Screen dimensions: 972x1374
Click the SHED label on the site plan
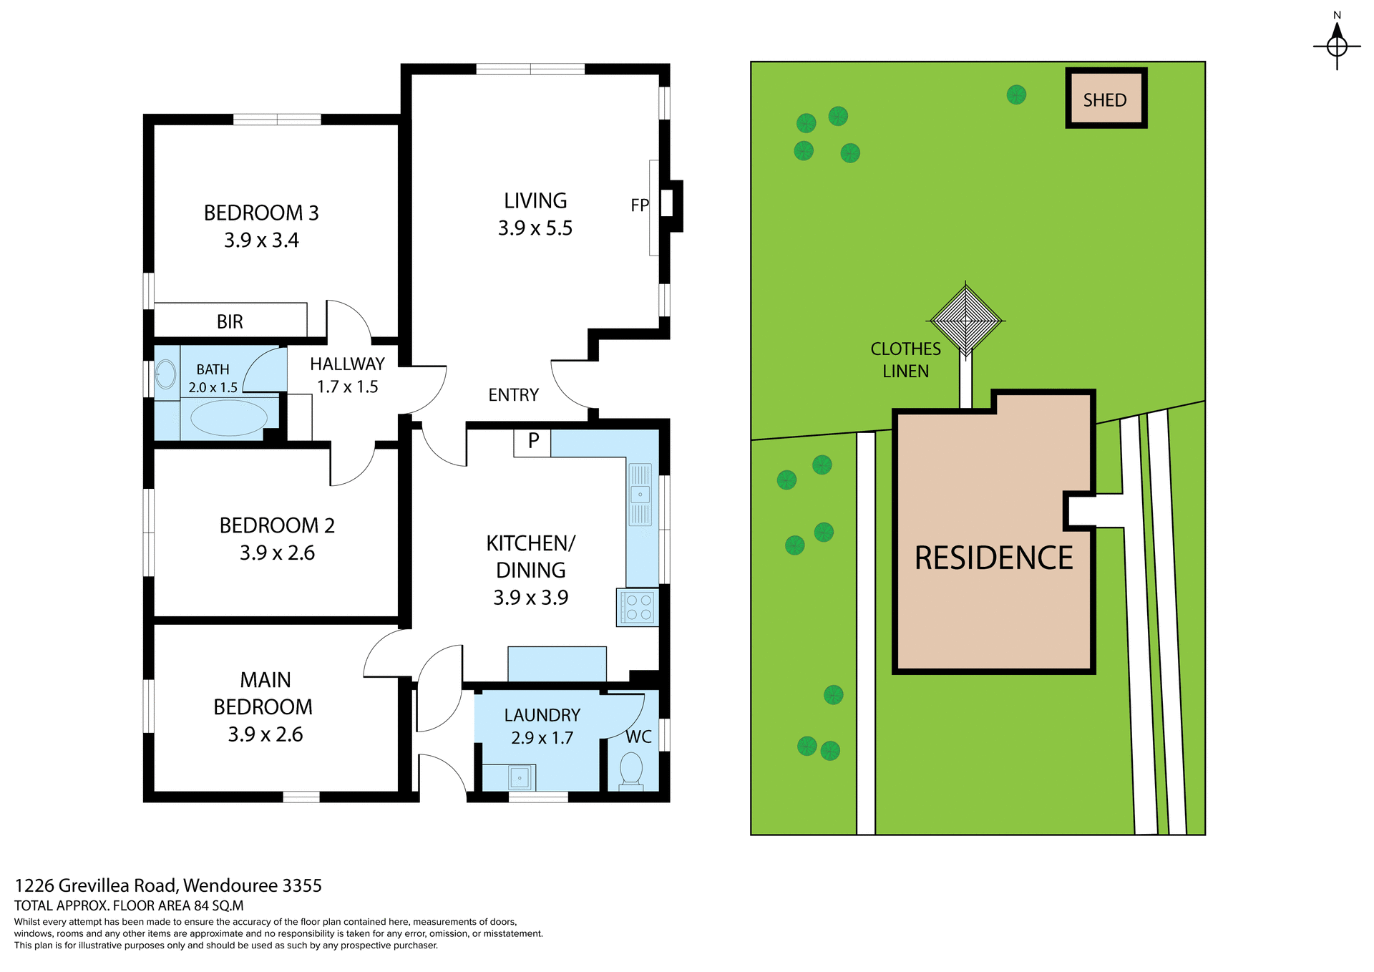(x=1105, y=100)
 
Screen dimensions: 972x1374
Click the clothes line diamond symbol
(x=966, y=321)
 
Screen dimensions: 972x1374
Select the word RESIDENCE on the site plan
(x=993, y=558)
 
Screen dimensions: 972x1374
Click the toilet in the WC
(x=631, y=769)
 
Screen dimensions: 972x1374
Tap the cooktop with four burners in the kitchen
(x=638, y=607)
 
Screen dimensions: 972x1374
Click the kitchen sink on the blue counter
(x=640, y=494)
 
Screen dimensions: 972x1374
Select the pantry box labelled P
(x=532, y=442)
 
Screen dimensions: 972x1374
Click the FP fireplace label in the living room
(x=639, y=205)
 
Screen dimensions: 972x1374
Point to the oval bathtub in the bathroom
(x=228, y=417)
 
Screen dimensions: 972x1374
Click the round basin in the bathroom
(x=166, y=374)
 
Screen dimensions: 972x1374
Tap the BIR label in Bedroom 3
(x=230, y=322)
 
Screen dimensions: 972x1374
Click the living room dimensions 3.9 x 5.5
(x=535, y=228)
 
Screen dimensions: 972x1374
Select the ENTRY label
(x=513, y=395)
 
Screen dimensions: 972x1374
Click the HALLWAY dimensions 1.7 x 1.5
(x=347, y=387)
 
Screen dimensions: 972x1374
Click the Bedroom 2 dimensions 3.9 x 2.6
(x=277, y=553)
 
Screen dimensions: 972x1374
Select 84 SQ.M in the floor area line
(x=219, y=905)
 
